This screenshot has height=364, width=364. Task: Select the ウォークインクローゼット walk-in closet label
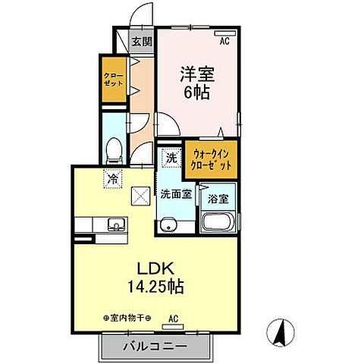pyautogui.click(x=210, y=159)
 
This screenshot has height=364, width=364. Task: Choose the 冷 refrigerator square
pyautogui.click(x=112, y=179)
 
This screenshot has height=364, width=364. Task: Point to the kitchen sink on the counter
pyautogui.click(x=117, y=224)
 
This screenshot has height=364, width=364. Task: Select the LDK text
pyautogui.click(x=156, y=269)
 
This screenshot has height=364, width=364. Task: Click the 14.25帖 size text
pyautogui.click(x=157, y=287)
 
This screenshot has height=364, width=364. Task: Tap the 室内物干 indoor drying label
pyautogui.click(x=127, y=318)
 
